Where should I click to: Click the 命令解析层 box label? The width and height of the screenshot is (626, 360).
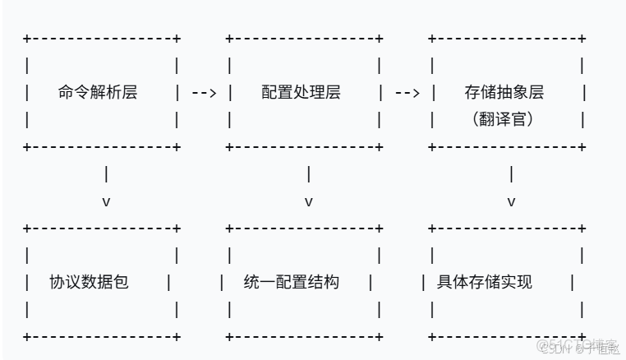98,92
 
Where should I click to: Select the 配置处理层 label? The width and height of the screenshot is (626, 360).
301,92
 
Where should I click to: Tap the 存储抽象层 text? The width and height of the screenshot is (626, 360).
504,92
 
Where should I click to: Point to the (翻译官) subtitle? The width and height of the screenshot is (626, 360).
504,119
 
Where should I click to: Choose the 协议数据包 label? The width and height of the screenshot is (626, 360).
89,282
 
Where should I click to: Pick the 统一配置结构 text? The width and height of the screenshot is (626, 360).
292,282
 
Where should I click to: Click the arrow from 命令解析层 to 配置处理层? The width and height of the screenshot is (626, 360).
204,93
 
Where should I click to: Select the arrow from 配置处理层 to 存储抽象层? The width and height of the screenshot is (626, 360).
407,93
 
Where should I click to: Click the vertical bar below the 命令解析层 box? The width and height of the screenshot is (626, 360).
106,174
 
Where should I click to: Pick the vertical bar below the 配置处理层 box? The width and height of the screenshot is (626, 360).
309,174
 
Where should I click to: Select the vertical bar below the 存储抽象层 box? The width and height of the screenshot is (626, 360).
512,174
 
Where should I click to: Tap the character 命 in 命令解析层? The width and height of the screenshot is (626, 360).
67,92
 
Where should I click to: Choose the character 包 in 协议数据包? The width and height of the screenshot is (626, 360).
121,282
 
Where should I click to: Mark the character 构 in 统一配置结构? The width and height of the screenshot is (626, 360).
331,282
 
